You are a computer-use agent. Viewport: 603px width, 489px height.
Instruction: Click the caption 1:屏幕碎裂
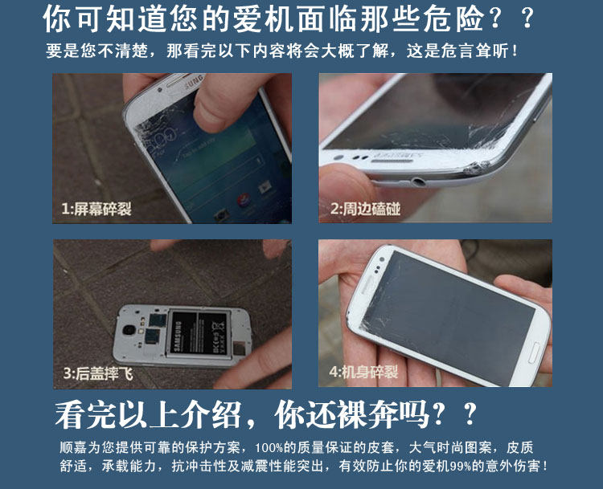coord(96,209)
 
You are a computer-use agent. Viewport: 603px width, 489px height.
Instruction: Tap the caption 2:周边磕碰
coord(365,209)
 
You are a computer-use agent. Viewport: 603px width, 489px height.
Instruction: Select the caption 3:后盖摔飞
coord(98,373)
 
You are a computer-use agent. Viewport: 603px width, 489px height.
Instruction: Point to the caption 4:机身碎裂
coord(363,372)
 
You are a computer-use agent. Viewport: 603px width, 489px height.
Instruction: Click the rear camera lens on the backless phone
coord(129,330)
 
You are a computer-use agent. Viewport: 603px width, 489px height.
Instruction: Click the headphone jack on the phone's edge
coord(417,181)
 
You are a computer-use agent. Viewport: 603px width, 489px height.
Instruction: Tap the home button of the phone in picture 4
coord(533,352)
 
